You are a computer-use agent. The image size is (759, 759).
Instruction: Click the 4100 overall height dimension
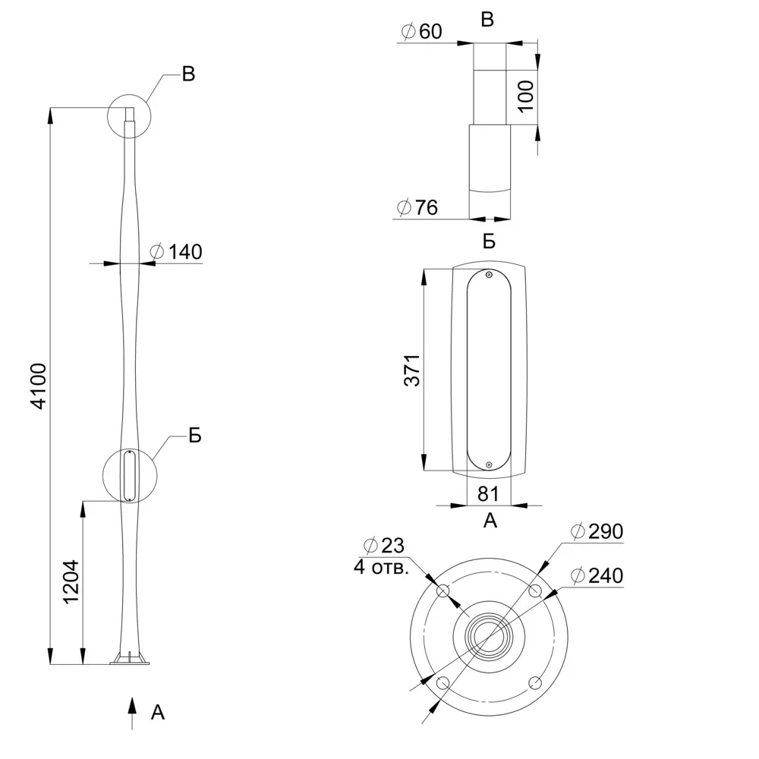[39, 386]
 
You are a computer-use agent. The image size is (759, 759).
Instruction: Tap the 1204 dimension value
[71, 582]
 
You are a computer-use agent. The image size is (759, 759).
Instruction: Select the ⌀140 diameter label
[176, 252]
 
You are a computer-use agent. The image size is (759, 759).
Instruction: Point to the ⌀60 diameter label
[421, 31]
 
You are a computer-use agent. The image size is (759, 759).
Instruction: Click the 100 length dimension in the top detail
[526, 96]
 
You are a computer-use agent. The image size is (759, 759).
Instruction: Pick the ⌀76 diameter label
[417, 208]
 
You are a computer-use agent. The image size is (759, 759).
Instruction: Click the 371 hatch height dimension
[412, 370]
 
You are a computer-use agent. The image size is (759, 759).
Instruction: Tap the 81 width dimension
[488, 494]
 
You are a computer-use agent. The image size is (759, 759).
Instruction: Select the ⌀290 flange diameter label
[597, 531]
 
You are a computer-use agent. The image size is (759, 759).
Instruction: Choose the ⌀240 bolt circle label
[597, 575]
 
